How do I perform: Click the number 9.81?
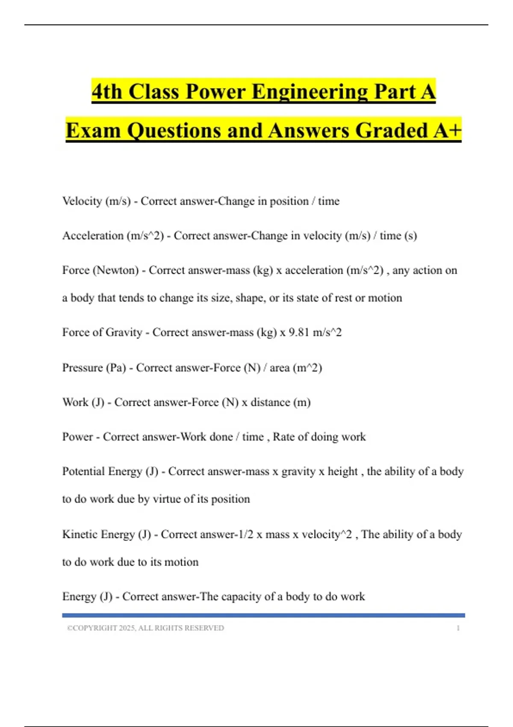tap(298, 332)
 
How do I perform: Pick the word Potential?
tap(83, 471)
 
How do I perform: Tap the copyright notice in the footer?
tap(145, 628)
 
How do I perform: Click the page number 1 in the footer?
tap(458, 628)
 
